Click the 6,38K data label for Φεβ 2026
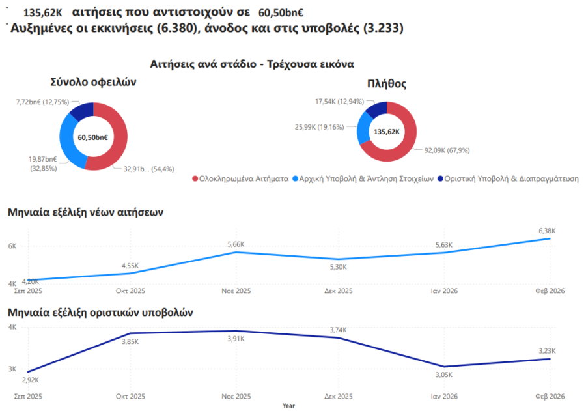click(547, 231)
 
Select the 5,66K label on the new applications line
click(236, 244)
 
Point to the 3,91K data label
click(236, 339)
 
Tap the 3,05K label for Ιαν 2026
click(443, 375)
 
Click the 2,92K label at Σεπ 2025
click(31, 379)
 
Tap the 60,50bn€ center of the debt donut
click(93, 137)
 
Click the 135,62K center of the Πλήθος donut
click(386, 132)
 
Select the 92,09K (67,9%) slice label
click(447, 150)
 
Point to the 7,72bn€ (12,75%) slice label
click(42, 102)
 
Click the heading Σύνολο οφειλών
click(93, 82)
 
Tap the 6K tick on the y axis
click(12, 246)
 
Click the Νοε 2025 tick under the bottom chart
click(236, 396)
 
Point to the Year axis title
click(288, 406)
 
